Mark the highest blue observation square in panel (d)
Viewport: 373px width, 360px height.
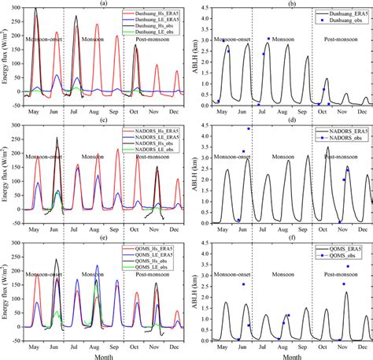point(249,128)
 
